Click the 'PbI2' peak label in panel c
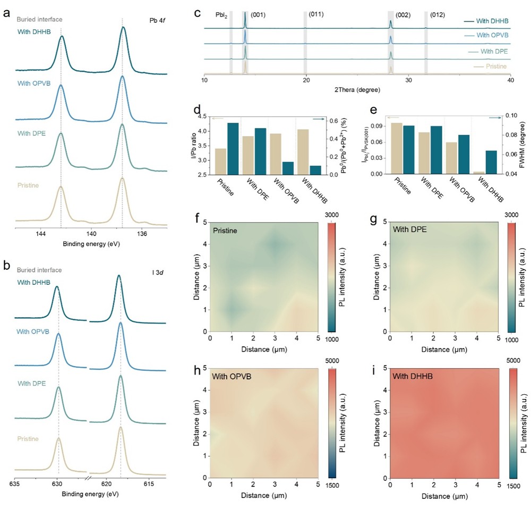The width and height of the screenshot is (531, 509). (222, 15)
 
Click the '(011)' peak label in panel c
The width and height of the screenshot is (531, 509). (316, 15)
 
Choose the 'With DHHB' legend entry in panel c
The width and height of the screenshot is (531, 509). (491, 21)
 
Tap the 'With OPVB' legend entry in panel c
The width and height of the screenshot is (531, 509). (491, 36)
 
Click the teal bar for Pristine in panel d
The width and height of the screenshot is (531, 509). (233, 148)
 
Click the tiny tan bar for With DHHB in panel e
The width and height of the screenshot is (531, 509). (478, 172)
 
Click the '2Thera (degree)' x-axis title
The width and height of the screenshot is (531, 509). (357, 88)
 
